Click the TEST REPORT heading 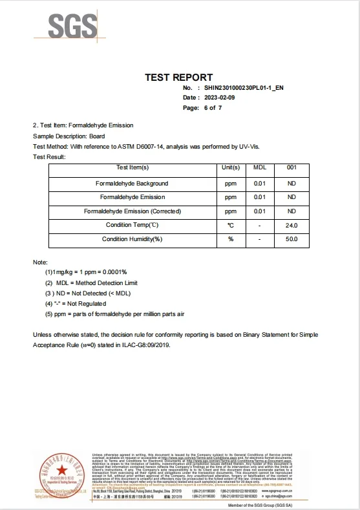tap(179, 77)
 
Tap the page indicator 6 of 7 tap(213, 108)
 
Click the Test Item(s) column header tap(132, 168)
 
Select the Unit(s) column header tap(231, 168)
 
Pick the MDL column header tap(259, 168)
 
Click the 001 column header tap(291, 168)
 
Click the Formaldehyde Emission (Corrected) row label tap(132, 211)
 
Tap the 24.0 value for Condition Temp tap(291, 225)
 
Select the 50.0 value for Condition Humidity tap(291, 239)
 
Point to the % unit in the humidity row tap(231, 239)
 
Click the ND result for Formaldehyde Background tap(291, 184)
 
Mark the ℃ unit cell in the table tap(231, 225)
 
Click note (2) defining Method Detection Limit tap(92, 283)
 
